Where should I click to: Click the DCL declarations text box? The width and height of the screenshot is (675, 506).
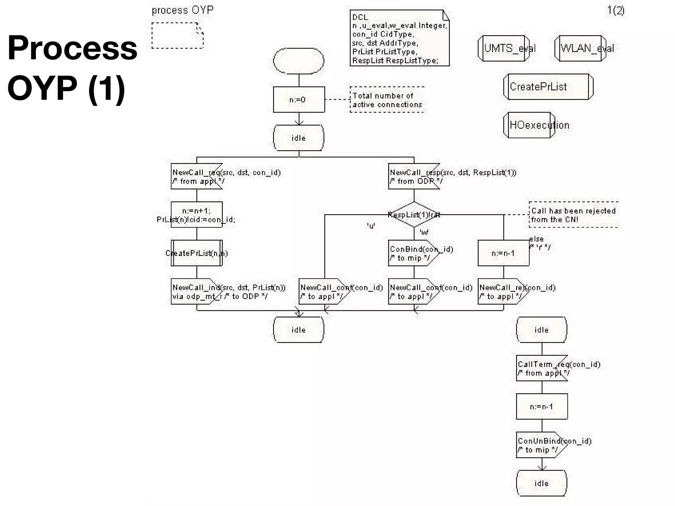tap(399, 38)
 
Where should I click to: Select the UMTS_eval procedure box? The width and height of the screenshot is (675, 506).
tap(504, 48)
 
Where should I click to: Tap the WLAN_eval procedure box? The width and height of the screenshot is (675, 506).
tap(580, 48)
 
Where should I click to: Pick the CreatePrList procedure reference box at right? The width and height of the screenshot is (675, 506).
tap(548, 87)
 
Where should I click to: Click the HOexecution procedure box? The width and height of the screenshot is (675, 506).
tap(529, 125)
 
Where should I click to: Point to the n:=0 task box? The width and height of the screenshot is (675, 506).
tap(299, 99)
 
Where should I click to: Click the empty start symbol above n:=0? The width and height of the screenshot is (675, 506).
tap(299, 61)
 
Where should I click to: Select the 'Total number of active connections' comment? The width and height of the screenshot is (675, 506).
tap(387, 100)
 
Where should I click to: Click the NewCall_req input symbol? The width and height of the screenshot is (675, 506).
tap(196, 177)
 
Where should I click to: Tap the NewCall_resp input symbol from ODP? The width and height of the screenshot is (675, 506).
tap(414, 177)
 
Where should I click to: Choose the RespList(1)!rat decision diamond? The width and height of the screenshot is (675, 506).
tap(414, 215)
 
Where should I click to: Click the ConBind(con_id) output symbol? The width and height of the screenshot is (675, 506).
tap(413, 253)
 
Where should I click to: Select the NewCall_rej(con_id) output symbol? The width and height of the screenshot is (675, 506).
tap(503, 292)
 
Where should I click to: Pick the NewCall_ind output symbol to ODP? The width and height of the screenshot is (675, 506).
tap(196, 292)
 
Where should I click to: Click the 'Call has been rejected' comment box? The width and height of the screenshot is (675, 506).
tap(573, 215)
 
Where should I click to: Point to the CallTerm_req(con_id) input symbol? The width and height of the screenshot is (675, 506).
tap(542, 368)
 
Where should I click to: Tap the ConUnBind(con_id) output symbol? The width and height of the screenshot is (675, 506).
tap(542, 445)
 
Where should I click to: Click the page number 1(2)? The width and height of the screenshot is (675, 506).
tap(616, 11)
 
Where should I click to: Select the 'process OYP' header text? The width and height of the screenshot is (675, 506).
tap(183, 10)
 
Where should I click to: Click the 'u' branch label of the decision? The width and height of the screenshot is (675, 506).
tap(371, 226)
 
